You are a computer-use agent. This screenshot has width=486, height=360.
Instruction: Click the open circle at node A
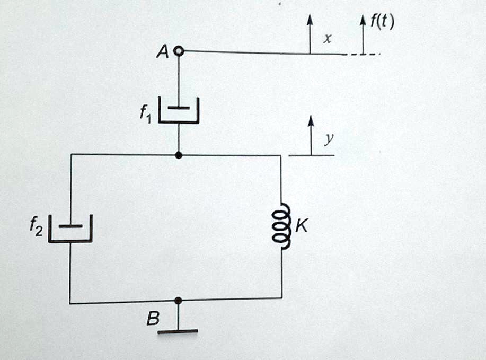179,51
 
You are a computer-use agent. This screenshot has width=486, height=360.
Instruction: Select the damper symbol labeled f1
179,110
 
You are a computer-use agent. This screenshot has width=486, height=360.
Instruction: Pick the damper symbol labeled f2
70,229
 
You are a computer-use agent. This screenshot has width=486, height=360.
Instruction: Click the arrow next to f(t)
363,35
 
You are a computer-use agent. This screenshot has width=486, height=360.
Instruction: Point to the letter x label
328,38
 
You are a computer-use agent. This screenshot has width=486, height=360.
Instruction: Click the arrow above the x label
310,35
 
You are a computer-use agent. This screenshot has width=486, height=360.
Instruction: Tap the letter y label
329,139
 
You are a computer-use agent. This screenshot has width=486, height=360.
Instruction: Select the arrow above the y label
311,136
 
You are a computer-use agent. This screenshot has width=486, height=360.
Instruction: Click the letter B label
153,319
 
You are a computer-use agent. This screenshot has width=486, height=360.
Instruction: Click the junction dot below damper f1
179,155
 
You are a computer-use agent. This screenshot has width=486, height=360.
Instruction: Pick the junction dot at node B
178,301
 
